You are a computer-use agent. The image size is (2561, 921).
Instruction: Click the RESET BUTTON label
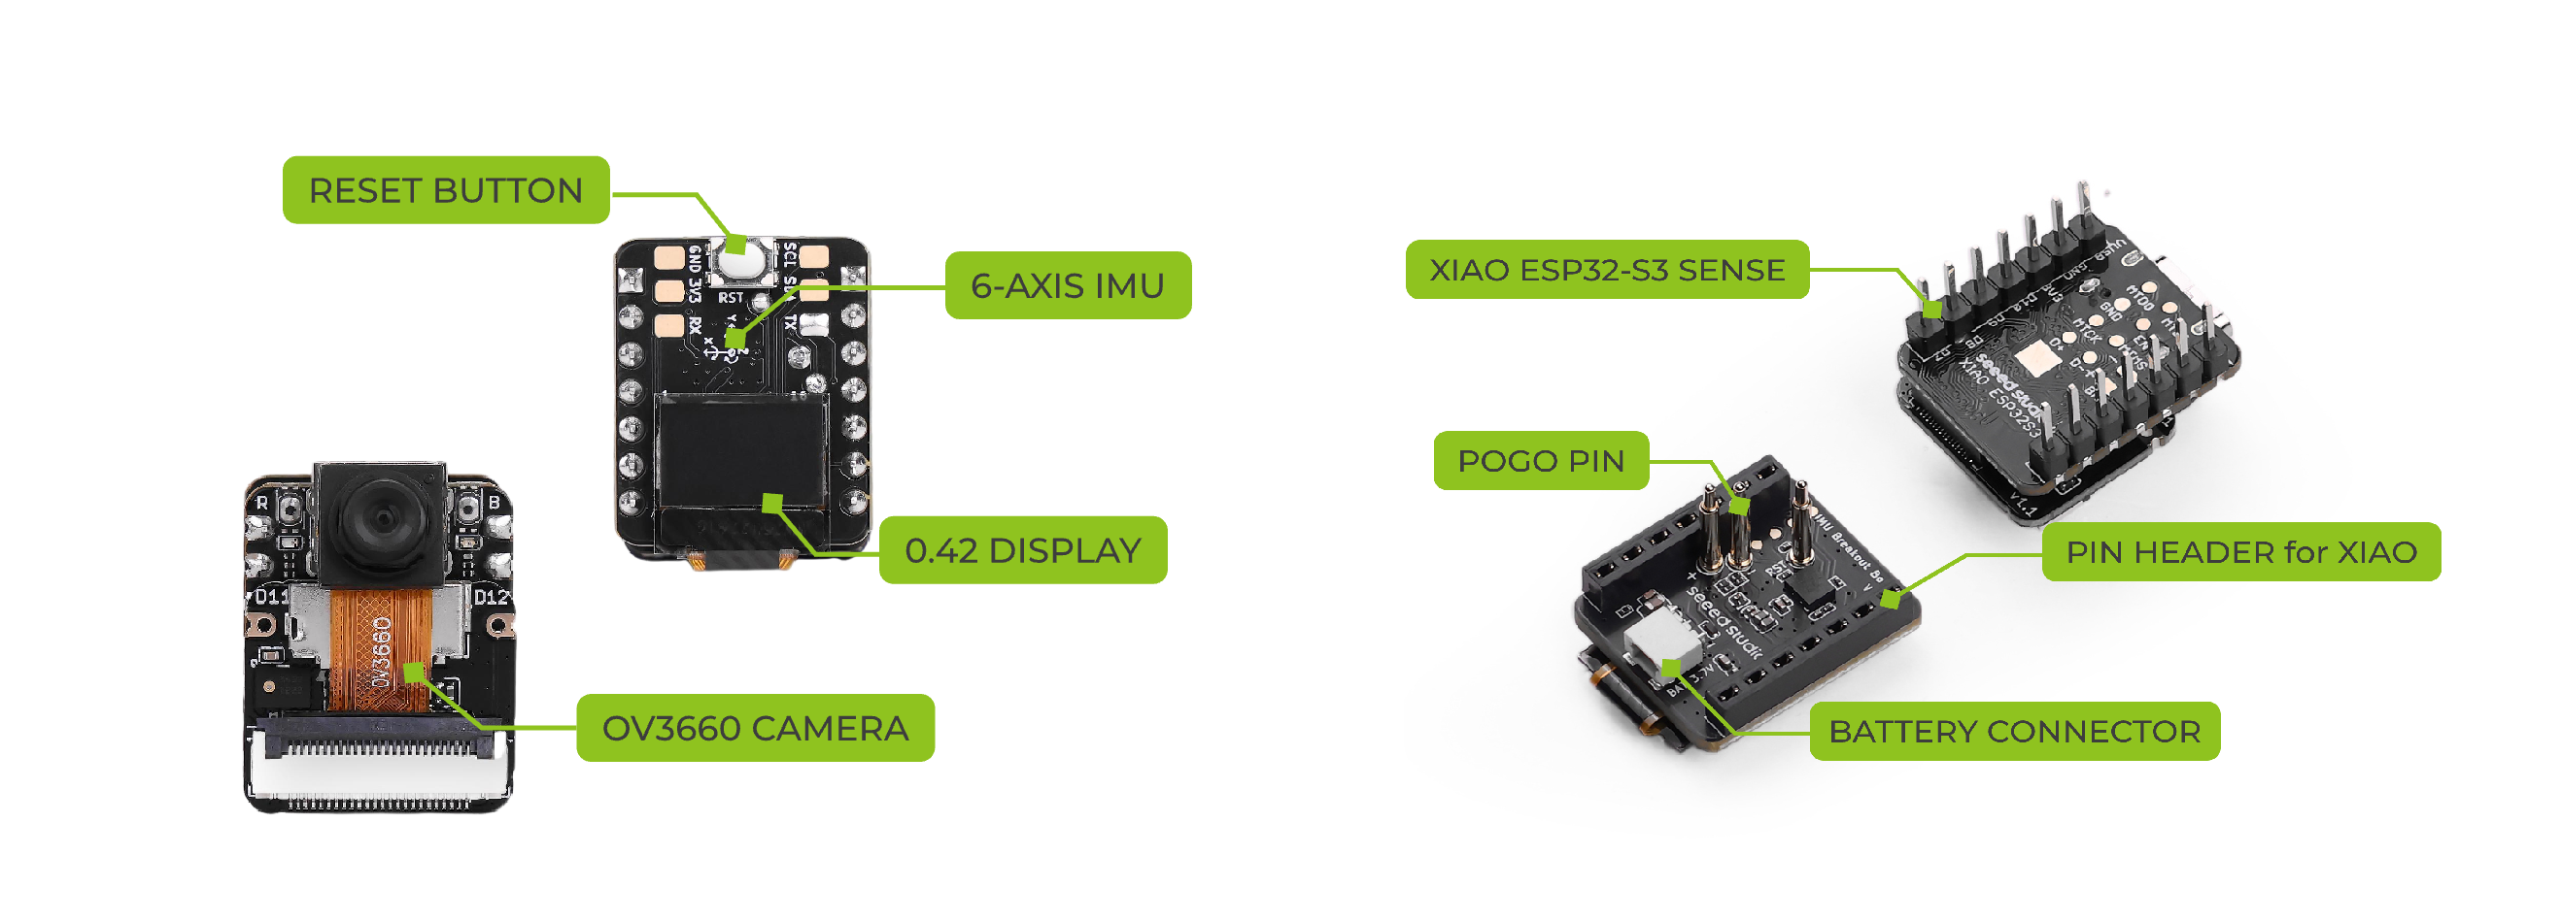click(445, 190)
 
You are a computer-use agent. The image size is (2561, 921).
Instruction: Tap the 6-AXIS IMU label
click(1067, 285)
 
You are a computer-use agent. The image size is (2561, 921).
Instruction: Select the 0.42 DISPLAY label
click(1022, 549)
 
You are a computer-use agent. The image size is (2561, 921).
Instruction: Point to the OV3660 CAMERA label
click(755, 727)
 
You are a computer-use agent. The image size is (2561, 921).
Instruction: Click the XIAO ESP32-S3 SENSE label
click(1606, 269)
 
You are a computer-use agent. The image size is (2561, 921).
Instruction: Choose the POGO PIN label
click(1540, 460)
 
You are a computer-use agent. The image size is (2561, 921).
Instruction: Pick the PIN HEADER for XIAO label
click(2239, 551)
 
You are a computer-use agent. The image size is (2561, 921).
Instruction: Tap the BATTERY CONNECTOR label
click(2013, 731)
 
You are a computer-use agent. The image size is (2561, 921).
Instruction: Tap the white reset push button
click(737, 262)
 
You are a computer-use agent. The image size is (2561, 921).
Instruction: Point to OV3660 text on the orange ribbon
click(382, 651)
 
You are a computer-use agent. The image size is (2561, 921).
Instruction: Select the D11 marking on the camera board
click(271, 596)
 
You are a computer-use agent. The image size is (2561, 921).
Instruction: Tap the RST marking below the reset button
click(731, 297)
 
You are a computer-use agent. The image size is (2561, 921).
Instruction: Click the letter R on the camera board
click(261, 503)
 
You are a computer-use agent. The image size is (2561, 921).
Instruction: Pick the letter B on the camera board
click(495, 503)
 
